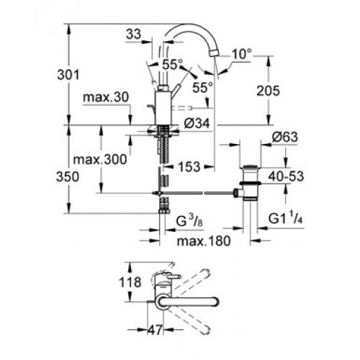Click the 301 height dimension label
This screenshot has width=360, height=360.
point(68,75)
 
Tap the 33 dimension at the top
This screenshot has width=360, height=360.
point(133,34)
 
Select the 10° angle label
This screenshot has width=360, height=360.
point(242,54)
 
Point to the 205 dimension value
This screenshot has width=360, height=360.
point(268,91)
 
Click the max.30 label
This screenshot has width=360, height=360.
point(106,97)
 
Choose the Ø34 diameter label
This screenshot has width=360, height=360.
point(197,124)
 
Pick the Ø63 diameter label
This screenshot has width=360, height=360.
point(285,137)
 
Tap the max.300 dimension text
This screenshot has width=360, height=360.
point(100,159)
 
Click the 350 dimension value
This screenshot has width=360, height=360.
point(68,177)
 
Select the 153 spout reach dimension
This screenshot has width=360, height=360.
point(189,166)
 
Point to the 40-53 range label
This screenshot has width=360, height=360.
point(286,176)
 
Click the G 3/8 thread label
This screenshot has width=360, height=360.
point(189,221)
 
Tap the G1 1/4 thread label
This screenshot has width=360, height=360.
point(285,218)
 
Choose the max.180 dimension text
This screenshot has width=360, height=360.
point(204,240)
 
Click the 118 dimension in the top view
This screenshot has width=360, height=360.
point(130,282)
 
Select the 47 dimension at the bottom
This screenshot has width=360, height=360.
point(155,330)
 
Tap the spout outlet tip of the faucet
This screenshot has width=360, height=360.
point(214,53)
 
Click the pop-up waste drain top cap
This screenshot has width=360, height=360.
point(250,166)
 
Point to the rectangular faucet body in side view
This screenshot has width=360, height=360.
point(163,108)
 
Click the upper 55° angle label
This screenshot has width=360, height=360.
point(172,64)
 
